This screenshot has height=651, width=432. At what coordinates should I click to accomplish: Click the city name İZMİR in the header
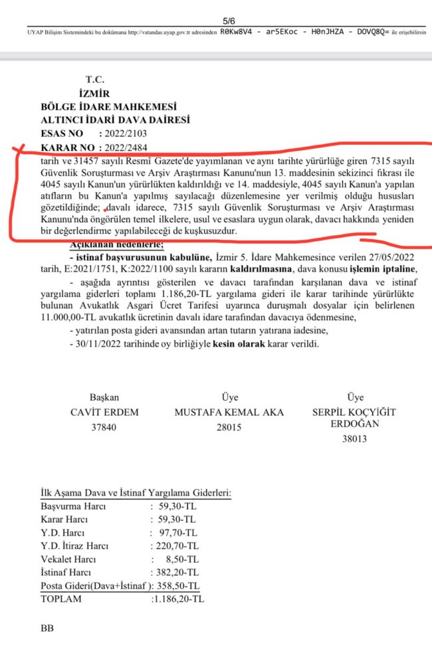pos(93,94)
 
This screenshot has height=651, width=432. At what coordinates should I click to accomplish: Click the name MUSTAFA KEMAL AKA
pos(229,413)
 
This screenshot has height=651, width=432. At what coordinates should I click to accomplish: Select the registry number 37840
pos(104,427)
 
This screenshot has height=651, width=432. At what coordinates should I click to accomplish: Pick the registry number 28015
pos(229,427)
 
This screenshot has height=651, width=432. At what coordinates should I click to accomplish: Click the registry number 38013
pos(354,438)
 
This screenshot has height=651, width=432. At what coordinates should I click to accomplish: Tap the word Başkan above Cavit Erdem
pos(104,397)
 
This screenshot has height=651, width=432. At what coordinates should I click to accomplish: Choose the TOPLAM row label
pos(61,599)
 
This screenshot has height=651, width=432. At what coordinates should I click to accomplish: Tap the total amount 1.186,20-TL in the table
pos(179,599)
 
